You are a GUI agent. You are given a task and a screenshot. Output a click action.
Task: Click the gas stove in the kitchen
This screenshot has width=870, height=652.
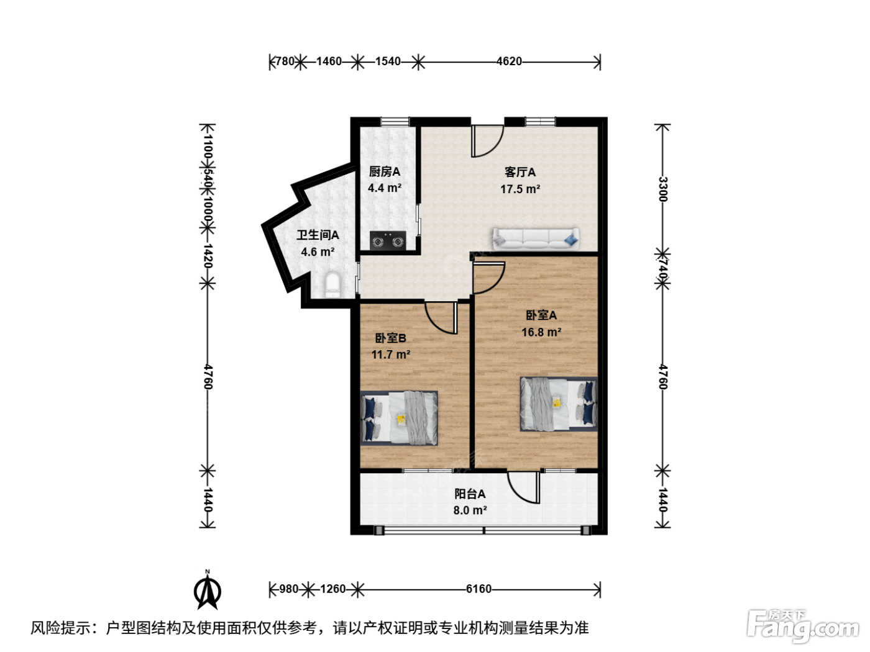tap(388, 240)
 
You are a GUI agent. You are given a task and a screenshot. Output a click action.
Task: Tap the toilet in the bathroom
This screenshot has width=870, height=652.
tap(332, 284)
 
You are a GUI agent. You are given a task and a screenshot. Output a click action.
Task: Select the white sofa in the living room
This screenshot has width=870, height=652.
tap(536, 238)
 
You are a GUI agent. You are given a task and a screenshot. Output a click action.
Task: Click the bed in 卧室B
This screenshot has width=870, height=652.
tap(399, 418)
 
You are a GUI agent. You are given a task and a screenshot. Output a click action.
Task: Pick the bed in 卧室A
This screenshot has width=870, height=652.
tap(559, 404)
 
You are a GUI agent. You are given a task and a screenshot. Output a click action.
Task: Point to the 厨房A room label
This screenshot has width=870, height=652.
tap(385, 172)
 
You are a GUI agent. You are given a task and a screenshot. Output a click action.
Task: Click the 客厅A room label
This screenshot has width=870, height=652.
tap(520, 172)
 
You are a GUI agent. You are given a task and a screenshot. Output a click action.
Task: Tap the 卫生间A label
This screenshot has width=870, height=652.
tap(318, 235)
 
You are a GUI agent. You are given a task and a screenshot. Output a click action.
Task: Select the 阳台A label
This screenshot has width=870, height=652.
tap(470, 494)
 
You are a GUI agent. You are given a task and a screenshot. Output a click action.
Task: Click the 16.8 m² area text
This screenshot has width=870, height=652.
tap(541, 332)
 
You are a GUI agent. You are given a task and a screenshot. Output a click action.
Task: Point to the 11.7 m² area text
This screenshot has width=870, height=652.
tap(390, 355)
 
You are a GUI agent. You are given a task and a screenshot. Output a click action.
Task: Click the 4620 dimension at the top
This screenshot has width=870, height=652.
tap(510, 61)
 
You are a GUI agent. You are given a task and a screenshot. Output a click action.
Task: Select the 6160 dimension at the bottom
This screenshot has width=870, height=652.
tap(478, 589)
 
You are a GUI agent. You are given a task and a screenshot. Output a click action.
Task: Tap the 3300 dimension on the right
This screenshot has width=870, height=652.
tap(663, 189)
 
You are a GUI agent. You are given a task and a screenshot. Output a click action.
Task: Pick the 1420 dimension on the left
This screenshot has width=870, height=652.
tap(208, 255)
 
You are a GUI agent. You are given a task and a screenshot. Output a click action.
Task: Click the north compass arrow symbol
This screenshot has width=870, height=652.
tap(208, 592)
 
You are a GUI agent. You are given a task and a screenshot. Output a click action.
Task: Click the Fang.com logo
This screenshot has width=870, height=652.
tap(803, 627)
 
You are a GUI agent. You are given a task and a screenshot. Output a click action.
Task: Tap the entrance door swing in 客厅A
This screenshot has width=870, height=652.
tap(487, 142)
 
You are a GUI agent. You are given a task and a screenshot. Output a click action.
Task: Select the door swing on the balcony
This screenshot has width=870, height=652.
tap(524, 487)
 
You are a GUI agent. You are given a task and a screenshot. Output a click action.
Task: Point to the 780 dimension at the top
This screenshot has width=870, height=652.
tap(285, 61)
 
